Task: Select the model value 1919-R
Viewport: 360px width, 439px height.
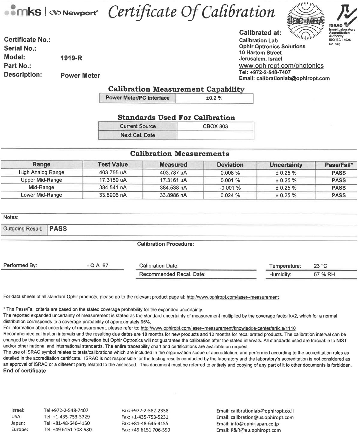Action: (71, 58)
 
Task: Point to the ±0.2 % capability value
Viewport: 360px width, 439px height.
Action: (214, 98)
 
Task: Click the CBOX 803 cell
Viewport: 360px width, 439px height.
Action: (215, 126)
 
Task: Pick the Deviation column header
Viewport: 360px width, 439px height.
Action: (230, 165)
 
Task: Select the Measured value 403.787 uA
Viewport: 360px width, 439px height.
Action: (173, 173)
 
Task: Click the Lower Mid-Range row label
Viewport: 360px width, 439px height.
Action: (41, 195)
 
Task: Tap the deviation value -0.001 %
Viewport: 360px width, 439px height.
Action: (230, 188)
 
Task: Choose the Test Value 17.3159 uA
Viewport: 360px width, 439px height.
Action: (113, 180)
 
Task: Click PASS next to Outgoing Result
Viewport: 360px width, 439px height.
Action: (58, 229)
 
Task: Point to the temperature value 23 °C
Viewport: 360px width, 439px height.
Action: (320, 266)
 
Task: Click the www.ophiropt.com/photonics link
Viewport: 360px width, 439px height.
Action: (281, 66)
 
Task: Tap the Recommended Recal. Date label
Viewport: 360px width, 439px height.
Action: (172, 274)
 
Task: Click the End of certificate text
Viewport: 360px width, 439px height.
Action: (25, 371)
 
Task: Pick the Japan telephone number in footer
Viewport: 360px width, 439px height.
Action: (67, 423)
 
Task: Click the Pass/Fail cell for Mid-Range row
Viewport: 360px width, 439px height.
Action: (338, 188)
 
